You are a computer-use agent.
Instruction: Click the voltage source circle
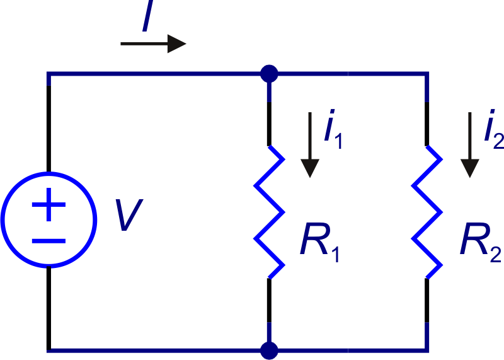pos(49,173)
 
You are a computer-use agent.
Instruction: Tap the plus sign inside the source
pos(49,205)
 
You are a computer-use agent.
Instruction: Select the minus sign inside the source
pos(49,241)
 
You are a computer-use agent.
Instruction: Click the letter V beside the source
pos(129,214)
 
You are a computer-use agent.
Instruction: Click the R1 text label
pos(320,243)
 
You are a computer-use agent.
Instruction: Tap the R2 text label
pos(481,243)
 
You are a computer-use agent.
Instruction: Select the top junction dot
pos(269,74)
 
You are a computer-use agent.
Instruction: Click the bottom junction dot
pos(269,351)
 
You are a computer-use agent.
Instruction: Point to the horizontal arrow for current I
pos(153,44)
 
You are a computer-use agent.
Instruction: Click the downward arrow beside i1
pos(310,145)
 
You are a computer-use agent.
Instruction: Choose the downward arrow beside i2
pos(470,145)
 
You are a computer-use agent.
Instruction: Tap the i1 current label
pos(333,129)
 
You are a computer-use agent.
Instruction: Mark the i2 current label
pos(494,129)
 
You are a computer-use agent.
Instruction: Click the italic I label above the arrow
pos(147,15)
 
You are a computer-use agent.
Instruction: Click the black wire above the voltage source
pos(49,129)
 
